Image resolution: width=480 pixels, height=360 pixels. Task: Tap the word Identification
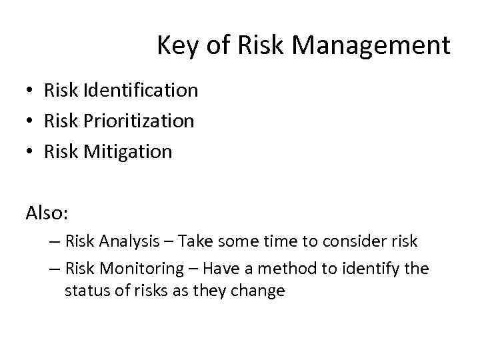click(x=141, y=90)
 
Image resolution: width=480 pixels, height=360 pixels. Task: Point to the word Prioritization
click(x=139, y=121)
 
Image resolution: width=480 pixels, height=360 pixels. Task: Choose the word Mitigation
click(x=128, y=151)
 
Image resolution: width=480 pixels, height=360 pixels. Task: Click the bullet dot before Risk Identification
click(x=31, y=91)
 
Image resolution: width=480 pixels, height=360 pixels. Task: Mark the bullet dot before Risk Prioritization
click(x=31, y=121)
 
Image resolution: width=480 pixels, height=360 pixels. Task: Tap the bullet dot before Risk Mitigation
click(x=31, y=152)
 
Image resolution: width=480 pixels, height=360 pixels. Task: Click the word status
click(x=83, y=291)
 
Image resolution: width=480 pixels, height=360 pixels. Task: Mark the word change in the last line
click(x=261, y=291)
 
